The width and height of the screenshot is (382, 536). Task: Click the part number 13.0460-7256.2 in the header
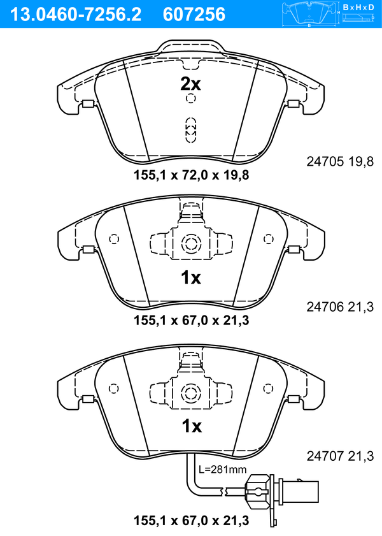pos(76,15)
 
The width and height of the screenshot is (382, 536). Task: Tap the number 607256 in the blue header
pos(194,15)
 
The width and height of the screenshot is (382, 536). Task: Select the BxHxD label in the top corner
pos(358,7)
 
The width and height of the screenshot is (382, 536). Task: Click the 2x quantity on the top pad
pos(190,83)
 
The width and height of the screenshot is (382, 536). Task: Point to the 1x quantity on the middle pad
pos(191,278)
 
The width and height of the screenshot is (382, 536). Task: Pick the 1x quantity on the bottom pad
pos(192,426)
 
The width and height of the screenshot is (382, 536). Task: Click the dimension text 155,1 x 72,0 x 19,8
pos(191,175)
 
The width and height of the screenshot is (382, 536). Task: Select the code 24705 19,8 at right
pos(340,161)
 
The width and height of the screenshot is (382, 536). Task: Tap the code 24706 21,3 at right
pos(340,307)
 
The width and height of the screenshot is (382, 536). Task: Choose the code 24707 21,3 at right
pos(340,456)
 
